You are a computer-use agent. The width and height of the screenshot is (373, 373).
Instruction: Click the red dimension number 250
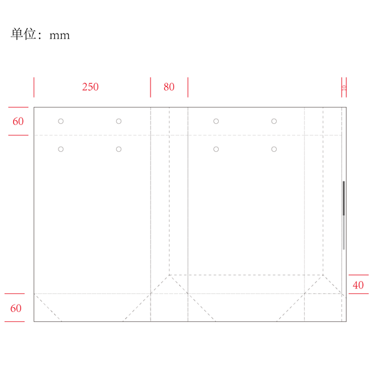pyautogui.click(x=90, y=87)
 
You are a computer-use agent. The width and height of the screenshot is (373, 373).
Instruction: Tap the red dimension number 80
pyautogui.click(x=168, y=87)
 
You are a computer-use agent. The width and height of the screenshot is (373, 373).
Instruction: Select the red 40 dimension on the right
pyautogui.click(x=358, y=285)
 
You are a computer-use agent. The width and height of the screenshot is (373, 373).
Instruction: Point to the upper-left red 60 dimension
pyautogui.click(x=18, y=121)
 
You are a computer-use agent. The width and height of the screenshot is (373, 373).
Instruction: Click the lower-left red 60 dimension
pyautogui.click(x=16, y=308)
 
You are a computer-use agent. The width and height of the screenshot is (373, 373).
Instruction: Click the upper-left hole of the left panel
pyautogui.click(x=61, y=121)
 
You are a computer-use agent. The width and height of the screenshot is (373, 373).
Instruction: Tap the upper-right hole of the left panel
pyautogui.click(x=119, y=121)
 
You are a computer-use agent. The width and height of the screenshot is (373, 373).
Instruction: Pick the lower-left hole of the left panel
pyautogui.click(x=61, y=149)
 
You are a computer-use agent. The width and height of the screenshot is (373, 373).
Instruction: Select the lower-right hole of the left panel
pyautogui.click(x=119, y=149)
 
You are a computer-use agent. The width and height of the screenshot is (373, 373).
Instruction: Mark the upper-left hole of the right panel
pyautogui.click(x=216, y=121)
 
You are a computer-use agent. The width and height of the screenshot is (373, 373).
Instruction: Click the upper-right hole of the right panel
pyautogui.click(x=274, y=121)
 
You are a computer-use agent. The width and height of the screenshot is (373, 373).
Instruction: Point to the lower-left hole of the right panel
pyautogui.click(x=216, y=149)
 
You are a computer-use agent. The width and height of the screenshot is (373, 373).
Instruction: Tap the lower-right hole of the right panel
pyautogui.click(x=274, y=149)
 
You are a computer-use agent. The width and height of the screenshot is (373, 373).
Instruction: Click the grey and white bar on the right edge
pyautogui.click(x=344, y=215)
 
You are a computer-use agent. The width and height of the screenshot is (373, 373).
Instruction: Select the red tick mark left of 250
pyautogui.click(x=34, y=87)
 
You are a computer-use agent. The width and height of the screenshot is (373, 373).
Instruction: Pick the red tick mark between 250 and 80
pyautogui.click(x=150, y=87)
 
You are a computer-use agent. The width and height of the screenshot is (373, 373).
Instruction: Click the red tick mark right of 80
pyautogui.click(x=188, y=87)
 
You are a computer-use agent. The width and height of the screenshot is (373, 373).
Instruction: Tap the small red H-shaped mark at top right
pyautogui.click(x=344, y=87)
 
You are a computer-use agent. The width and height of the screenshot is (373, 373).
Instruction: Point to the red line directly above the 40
pyautogui.click(x=358, y=275)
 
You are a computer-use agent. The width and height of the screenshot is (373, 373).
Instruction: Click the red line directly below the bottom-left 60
pyautogui.click(x=15, y=321)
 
